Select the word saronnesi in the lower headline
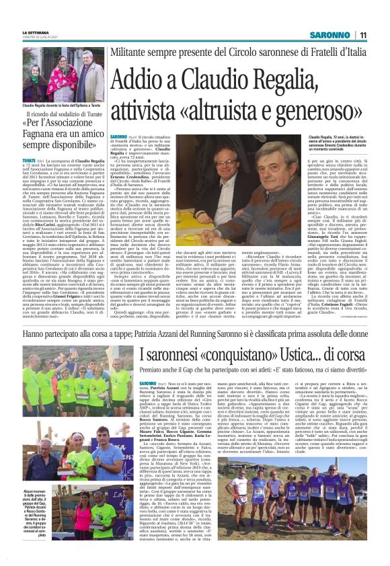[x=180, y=354]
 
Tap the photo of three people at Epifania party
[x=63, y=76]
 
